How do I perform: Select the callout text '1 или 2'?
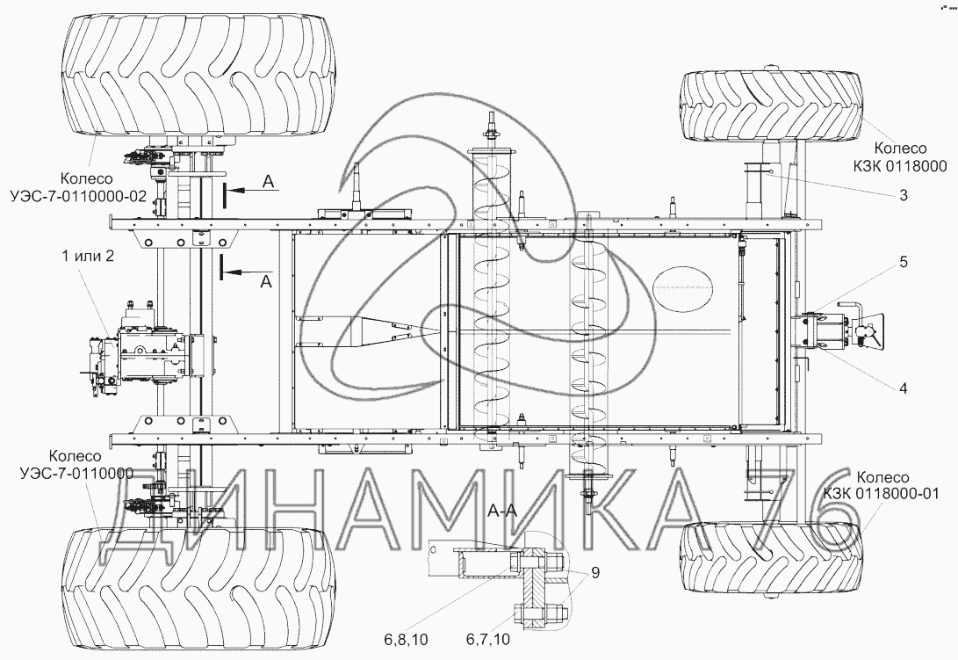tap(87, 256)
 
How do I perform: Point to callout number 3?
tap(903, 195)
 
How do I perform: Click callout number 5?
tap(903, 262)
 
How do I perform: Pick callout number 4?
tap(903, 388)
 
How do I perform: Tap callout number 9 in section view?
tap(595, 572)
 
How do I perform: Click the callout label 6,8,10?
tap(407, 640)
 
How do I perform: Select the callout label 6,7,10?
tap(487, 640)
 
